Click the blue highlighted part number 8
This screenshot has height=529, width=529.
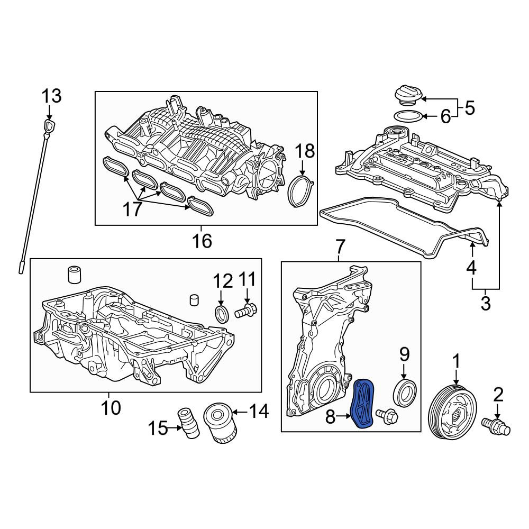click(363, 404)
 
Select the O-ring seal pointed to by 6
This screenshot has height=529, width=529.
click(408, 116)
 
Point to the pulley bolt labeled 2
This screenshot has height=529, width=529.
click(496, 425)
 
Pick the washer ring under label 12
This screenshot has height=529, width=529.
click(222, 314)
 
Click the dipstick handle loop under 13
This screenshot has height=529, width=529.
click(49, 126)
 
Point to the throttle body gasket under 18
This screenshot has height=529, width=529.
click(302, 190)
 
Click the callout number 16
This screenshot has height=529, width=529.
click(202, 240)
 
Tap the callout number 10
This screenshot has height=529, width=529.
click(111, 408)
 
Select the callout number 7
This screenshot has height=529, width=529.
click(340, 247)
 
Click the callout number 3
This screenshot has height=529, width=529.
click(485, 303)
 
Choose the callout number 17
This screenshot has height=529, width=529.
click(133, 209)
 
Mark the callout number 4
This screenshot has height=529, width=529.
click(471, 268)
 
